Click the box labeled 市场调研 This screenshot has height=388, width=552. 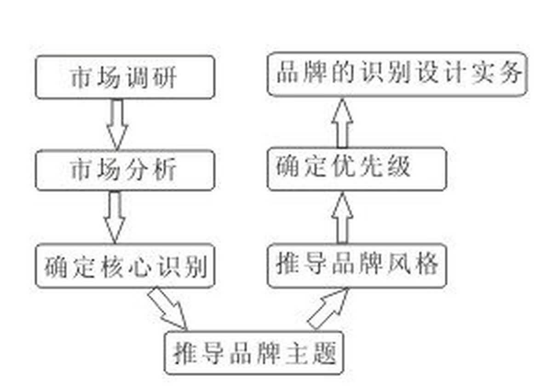click(125, 77)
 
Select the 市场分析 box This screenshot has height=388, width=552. click(125, 170)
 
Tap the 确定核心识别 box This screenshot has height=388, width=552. click(125, 266)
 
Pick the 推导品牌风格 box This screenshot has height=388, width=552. click(357, 266)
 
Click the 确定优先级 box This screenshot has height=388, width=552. click(357, 169)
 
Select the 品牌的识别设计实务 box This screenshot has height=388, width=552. click(397, 74)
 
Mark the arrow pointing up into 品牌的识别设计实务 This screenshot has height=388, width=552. click(342, 123)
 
